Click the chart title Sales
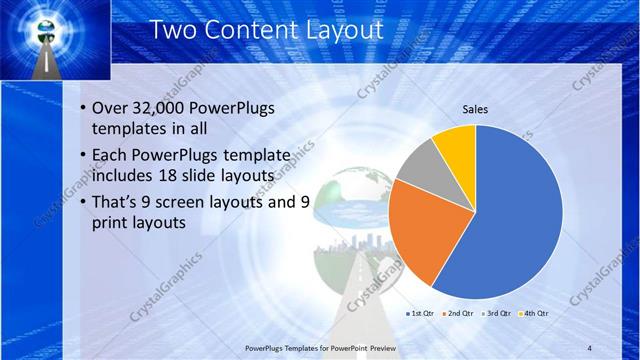[x=475, y=110]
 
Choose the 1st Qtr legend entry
[x=419, y=313]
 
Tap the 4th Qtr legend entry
[x=536, y=313]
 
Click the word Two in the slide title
[x=172, y=29]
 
